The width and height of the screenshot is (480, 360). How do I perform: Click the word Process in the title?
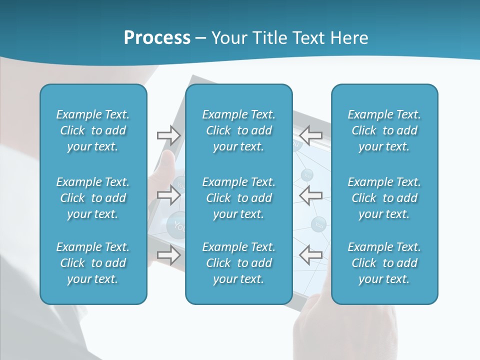(157, 38)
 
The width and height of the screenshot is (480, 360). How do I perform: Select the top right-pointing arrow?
(168, 135)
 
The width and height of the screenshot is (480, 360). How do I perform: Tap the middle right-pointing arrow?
(168, 195)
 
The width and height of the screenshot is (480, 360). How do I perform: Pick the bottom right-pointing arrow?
(168, 255)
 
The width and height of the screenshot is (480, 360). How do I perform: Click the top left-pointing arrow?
(310, 135)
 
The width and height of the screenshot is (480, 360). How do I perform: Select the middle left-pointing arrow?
(310, 195)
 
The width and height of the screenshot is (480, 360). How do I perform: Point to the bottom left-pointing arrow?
(310, 255)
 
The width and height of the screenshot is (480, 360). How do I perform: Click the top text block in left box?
(93, 130)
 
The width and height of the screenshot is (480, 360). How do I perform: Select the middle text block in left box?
(93, 198)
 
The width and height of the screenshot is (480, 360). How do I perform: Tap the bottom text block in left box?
(93, 263)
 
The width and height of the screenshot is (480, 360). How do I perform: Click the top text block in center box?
(238, 130)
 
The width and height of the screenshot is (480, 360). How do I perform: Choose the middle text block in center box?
(238, 198)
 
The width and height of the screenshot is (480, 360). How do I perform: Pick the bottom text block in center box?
(238, 263)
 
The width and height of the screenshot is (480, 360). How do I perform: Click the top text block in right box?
(384, 130)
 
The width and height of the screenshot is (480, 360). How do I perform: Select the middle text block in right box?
(384, 198)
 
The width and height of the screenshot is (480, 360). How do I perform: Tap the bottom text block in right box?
(384, 263)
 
